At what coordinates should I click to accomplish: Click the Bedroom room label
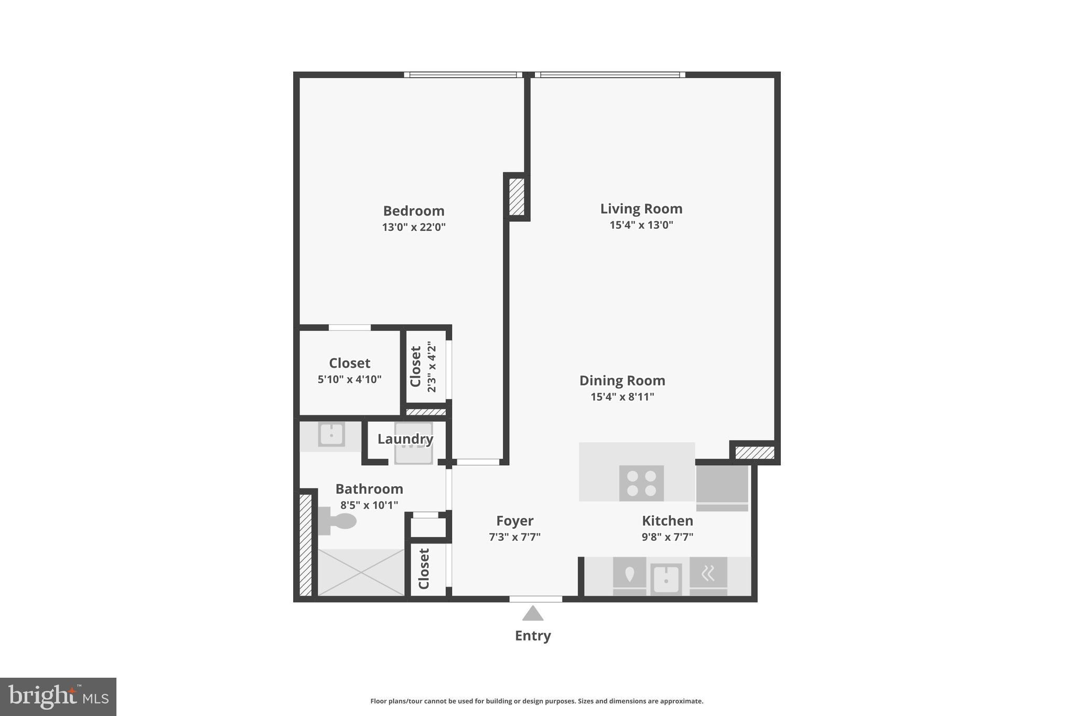(413, 211)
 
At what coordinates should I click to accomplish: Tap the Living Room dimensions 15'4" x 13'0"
(641, 225)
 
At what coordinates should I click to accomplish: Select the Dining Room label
(622, 380)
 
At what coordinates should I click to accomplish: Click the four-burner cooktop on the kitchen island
(641, 483)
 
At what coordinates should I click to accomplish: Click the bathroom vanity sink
(331, 435)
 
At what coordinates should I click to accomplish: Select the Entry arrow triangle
(533, 614)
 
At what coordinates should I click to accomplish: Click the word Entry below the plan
(533, 636)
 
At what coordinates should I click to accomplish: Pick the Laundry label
(405, 439)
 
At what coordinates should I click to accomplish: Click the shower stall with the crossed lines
(361, 572)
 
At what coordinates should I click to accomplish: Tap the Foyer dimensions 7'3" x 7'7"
(514, 537)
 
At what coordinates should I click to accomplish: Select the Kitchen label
(667, 521)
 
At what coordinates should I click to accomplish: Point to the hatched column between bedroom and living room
(517, 197)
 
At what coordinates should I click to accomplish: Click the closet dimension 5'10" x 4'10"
(349, 379)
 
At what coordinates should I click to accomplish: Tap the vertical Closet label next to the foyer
(424, 569)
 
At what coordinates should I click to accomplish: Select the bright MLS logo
(58, 697)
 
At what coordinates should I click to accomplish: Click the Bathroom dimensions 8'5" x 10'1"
(369, 505)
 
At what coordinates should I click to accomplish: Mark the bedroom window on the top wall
(463, 74)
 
